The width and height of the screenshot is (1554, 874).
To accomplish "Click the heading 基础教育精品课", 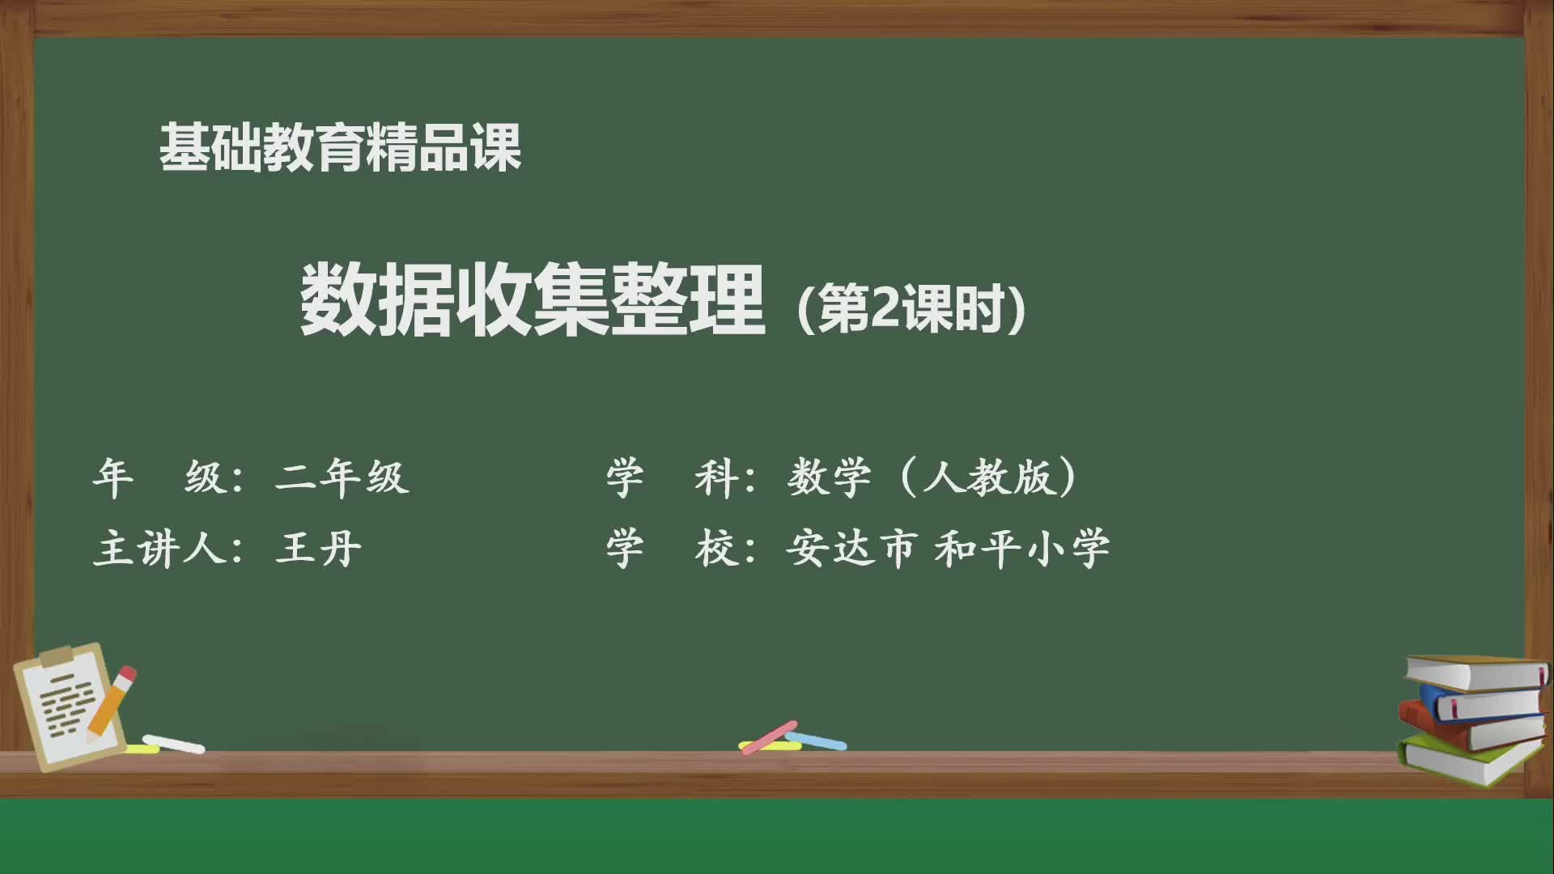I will coord(340,148).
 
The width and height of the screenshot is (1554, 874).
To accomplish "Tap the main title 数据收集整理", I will coord(532,301).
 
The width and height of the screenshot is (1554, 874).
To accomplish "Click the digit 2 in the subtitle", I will coord(883,308).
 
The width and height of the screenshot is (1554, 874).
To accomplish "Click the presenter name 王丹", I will coord(318,548).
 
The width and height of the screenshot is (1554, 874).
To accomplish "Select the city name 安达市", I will coord(851,548).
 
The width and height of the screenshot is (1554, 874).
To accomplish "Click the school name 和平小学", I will coord(1021,548).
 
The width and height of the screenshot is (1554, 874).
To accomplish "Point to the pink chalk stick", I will coord(769,736).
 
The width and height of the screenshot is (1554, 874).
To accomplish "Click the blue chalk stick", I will coord(817,740).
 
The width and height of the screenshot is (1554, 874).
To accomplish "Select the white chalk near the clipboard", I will coord(174,744).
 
